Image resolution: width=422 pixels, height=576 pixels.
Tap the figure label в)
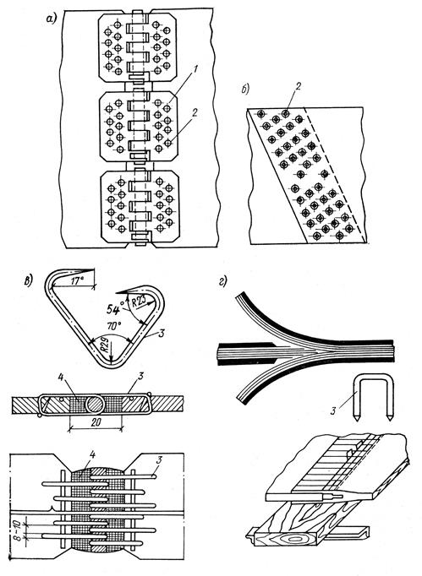click(28, 280)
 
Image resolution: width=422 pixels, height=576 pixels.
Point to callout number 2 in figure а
click(195, 112)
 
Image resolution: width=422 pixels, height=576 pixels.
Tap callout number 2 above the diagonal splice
click(298, 86)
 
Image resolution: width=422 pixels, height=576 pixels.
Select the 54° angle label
click(113, 310)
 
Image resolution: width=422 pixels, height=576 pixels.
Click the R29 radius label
click(105, 349)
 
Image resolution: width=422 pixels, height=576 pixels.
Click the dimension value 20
click(96, 422)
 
